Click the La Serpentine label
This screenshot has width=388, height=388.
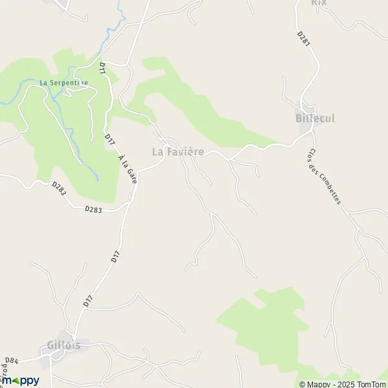[x=63, y=82]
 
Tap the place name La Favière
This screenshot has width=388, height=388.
[x=178, y=152]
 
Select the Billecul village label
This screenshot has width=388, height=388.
[x=315, y=118]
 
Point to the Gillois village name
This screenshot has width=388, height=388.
[x=64, y=345]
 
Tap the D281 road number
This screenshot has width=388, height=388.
[x=305, y=38]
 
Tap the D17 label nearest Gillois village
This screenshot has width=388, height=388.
[x=87, y=301]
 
